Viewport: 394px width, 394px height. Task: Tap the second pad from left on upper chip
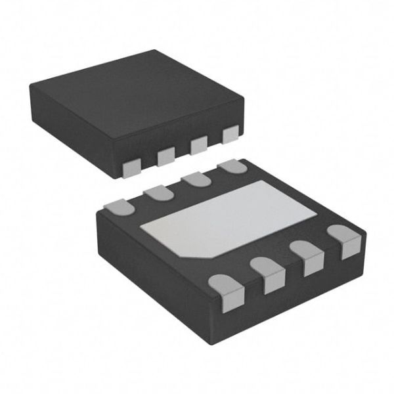click(165, 156)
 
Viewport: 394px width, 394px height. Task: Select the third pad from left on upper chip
click(198, 145)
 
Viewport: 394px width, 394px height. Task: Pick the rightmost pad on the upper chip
click(230, 135)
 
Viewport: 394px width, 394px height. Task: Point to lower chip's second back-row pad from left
click(158, 192)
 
